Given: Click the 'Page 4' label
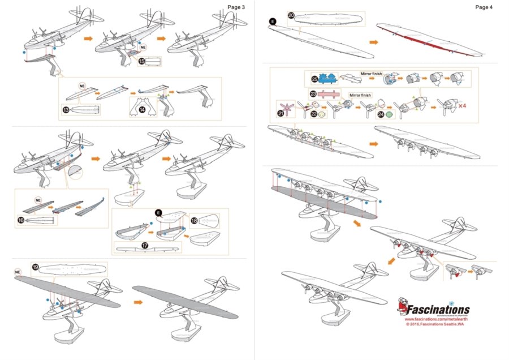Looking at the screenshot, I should click(x=484, y=7).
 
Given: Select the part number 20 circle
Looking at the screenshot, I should click(x=291, y=16).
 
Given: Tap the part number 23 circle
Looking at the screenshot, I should click(x=312, y=93).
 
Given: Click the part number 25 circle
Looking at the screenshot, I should click(x=314, y=79).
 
